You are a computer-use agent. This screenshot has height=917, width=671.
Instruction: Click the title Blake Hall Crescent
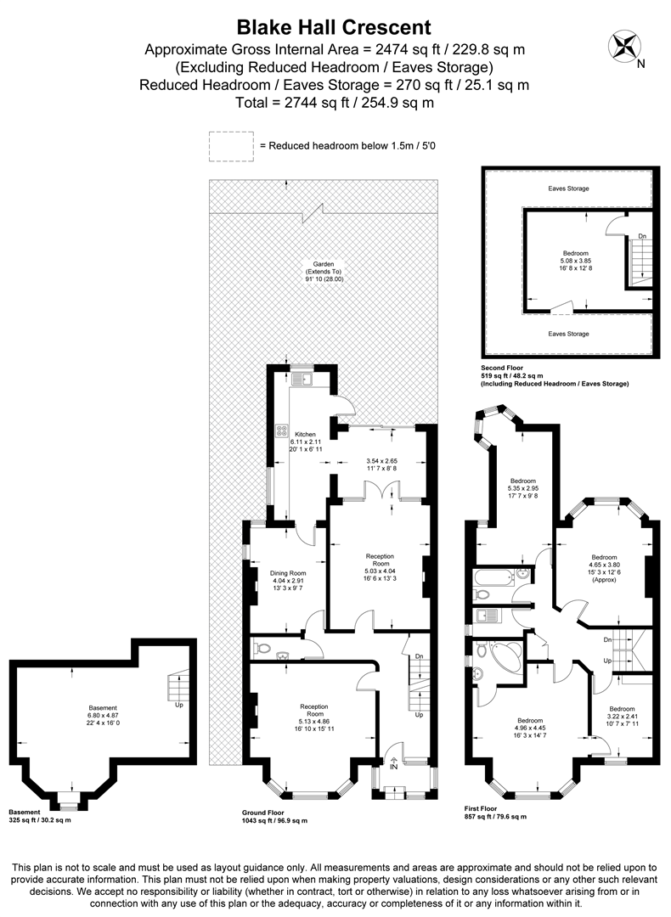pos(335,28)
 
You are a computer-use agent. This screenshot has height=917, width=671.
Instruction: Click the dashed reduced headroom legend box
pos(231,145)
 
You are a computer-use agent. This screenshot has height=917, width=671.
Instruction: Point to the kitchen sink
pos(302,380)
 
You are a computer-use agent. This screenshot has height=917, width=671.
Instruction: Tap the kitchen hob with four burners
pos(282,432)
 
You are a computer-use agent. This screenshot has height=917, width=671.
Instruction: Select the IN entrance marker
pos(393,767)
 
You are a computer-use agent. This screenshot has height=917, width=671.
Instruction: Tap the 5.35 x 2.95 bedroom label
pos(523,488)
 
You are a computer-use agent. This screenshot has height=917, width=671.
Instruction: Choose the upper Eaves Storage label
pos(568,188)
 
